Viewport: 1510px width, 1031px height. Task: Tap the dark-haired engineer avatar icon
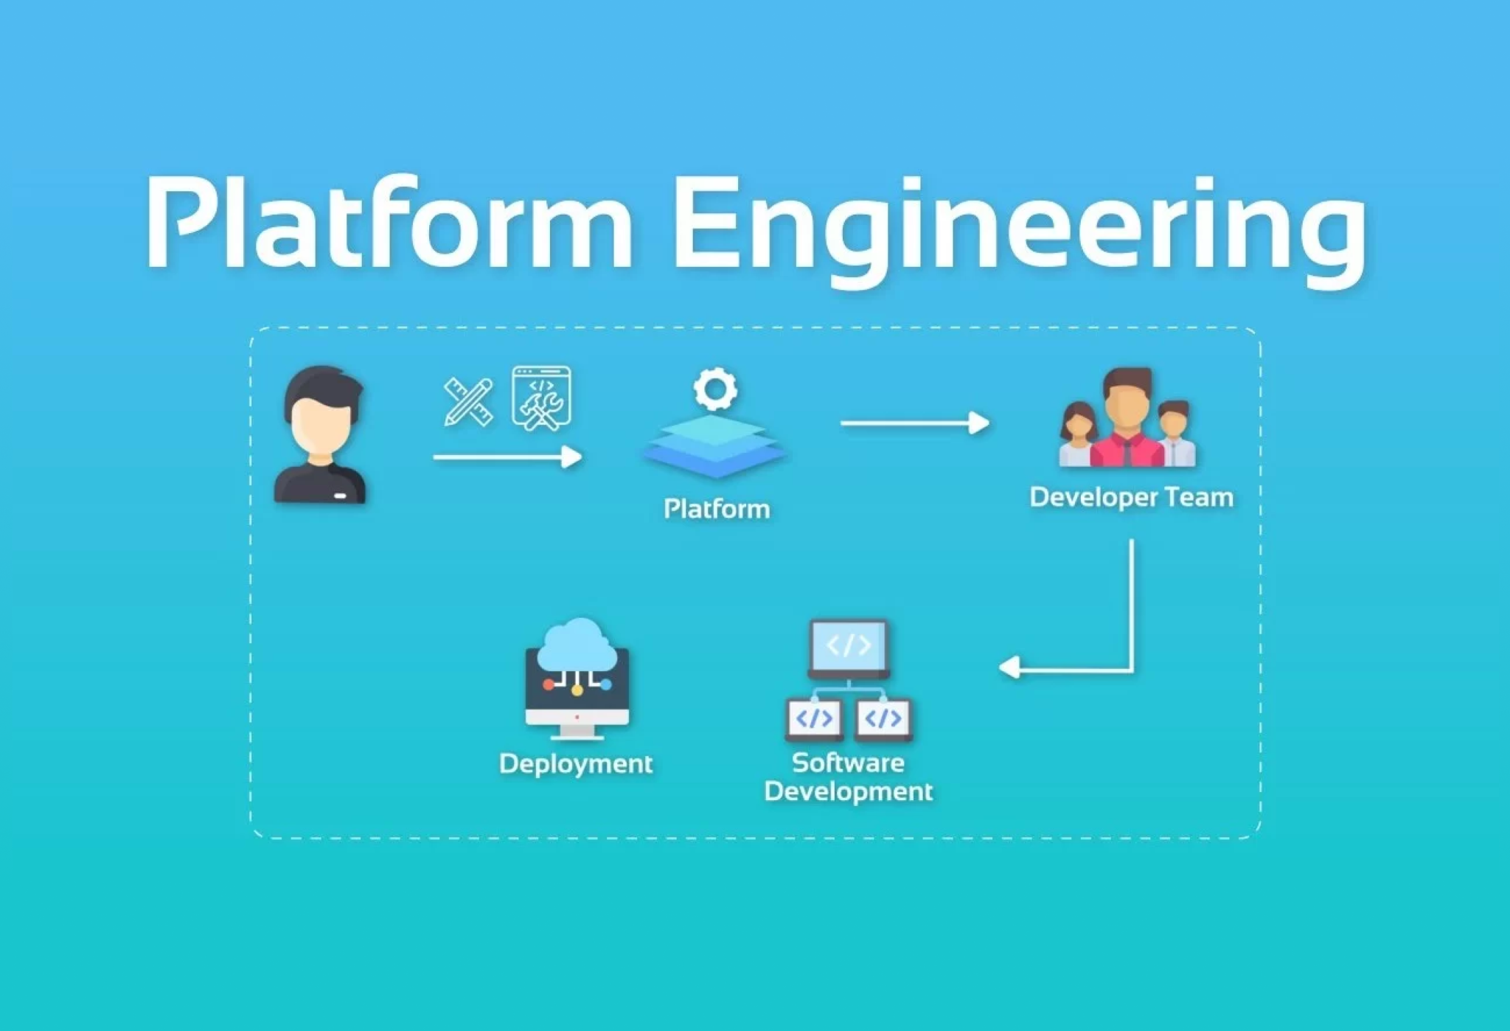(x=321, y=435)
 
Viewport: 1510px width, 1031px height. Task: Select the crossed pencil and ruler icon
(x=468, y=402)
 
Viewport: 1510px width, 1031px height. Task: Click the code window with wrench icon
(x=542, y=398)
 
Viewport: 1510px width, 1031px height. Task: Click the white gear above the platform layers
(x=714, y=389)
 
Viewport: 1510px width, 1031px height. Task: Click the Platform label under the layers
(x=717, y=509)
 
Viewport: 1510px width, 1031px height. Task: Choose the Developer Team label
(x=1131, y=497)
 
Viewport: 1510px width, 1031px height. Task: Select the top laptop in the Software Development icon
(x=849, y=646)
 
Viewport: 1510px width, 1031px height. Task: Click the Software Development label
(x=848, y=777)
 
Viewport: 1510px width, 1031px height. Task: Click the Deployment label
(x=576, y=763)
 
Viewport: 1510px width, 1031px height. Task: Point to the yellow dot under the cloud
(x=577, y=690)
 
